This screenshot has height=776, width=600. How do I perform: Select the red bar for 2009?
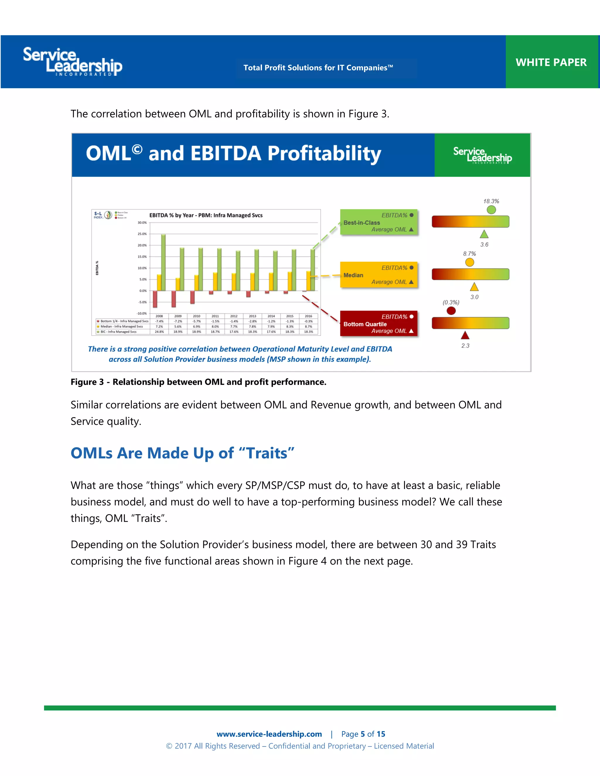coord(174,299)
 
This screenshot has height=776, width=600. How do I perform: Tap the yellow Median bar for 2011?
coord(215,281)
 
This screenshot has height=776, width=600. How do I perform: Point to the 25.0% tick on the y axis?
coord(142,234)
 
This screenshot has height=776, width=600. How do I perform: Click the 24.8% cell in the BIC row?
coord(159,332)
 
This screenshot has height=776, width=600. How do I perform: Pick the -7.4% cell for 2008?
coord(159,321)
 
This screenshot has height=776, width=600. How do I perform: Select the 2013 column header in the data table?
coord(252,316)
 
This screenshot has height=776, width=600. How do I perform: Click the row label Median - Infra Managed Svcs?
coord(122,327)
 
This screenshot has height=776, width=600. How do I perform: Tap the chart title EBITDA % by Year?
coord(206,215)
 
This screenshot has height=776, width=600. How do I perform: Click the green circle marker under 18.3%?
coord(491,210)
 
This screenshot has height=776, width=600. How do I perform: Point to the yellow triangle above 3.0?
coord(474,287)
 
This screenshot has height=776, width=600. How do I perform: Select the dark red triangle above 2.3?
coord(465,335)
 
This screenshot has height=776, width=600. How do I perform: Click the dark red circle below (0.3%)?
coord(451,311)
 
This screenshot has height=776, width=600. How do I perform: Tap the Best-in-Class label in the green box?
coord(362,223)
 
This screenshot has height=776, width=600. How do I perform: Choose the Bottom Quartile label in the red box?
coord(365,324)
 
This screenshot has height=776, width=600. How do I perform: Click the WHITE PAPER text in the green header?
coord(551,63)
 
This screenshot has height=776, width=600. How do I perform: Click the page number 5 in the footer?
coord(363,734)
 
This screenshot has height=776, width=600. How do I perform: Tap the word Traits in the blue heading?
coord(267,453)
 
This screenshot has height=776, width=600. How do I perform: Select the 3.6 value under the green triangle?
coord(484,245)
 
